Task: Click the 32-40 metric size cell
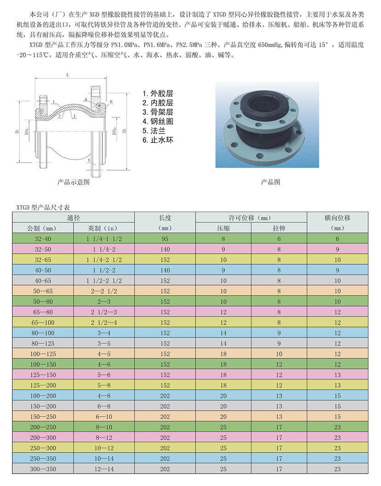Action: (43, 239)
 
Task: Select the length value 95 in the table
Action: (165, 239)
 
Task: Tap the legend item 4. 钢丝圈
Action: (158, 122)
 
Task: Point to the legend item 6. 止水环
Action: (158, 140)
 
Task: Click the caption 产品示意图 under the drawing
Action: (73, 182)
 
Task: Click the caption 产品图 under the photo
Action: (270, 182)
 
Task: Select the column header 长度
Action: (165, 218)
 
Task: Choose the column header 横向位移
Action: (337, 218)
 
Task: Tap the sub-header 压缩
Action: (223, 229)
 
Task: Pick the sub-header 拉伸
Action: (279, 229)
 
